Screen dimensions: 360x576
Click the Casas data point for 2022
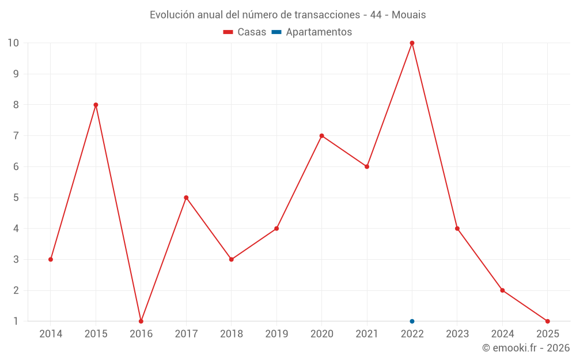point(412,43)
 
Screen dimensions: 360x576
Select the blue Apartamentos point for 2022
point(412,321)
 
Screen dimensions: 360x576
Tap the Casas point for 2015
point(96,105)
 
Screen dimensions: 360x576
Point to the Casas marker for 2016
point(141,321)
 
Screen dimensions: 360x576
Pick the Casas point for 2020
point(321,136)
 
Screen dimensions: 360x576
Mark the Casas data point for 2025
point(547,321)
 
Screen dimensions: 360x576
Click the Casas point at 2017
point(186,198)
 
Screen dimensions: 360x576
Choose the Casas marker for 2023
point(457,229)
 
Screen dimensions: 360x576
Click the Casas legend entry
point(245,32)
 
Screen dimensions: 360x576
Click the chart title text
point(288,15)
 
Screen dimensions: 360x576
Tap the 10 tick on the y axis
point(13,43)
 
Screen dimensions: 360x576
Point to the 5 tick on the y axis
point(16,198)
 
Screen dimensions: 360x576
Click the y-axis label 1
point(16,321)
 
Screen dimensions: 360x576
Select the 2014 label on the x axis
point(51,334)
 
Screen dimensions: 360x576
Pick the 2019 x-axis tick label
point(276,334)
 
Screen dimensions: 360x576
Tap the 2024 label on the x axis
point(502,334)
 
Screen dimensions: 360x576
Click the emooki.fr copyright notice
point(526,348)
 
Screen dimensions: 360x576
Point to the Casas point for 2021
point(367,166)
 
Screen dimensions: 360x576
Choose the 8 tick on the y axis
point(16,105)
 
